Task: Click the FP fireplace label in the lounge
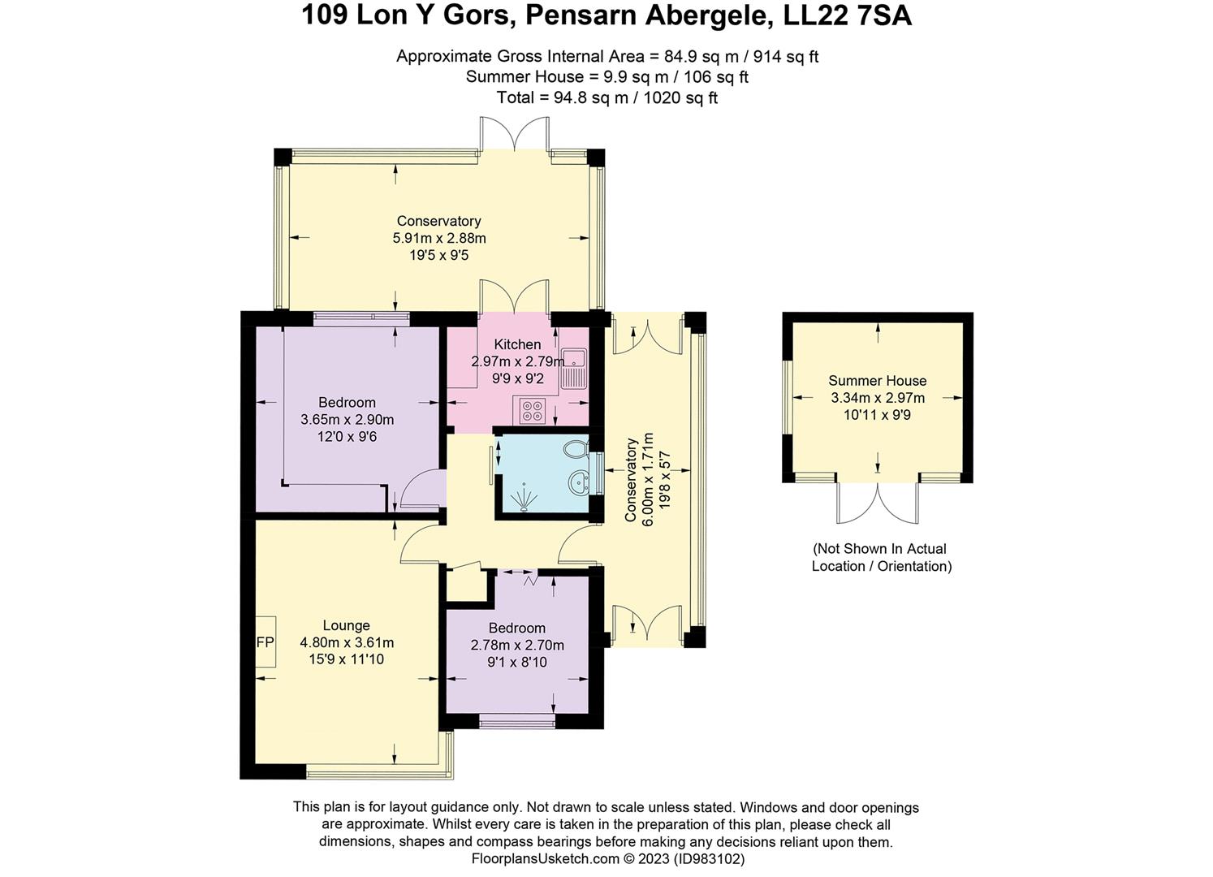265,642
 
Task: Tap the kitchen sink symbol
576,367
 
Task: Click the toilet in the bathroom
576,448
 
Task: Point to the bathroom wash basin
580,482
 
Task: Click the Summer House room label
877,380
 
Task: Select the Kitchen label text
517,344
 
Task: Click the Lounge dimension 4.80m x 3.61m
347,642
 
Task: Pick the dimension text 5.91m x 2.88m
438,238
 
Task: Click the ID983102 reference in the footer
708,858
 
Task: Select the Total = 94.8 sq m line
606,98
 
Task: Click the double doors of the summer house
878,503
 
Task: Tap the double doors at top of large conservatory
515,134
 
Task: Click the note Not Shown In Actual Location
881,557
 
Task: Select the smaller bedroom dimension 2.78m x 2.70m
517,645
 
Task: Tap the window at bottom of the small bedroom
517,719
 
